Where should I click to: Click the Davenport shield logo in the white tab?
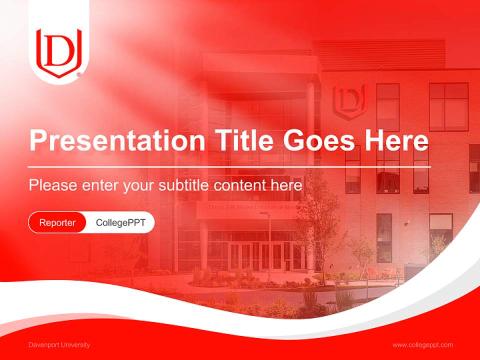pos(59,53)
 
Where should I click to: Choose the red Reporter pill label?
pos(57,222)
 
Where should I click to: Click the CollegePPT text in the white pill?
pos(120,222)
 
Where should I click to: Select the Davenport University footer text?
pos(59,344)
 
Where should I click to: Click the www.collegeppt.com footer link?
pos(422,344)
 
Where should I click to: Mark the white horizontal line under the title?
pos(229,166)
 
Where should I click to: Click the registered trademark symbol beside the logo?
pos(79,75)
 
